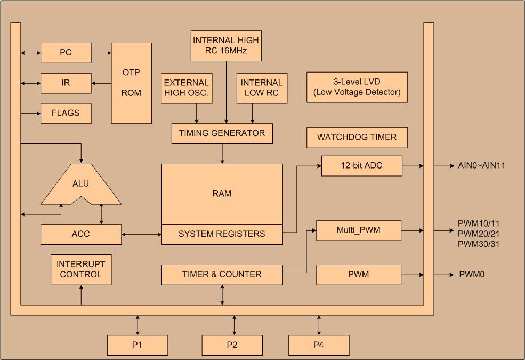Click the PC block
tap(66, 53)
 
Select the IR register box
tap(66, 83)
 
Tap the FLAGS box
tap(66, 113)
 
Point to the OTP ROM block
tap(131, 83)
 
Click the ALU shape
tap(81, 185)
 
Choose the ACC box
tap(81, 234)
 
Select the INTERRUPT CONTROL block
tap(81, 269)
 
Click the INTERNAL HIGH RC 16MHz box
tap(226, 46)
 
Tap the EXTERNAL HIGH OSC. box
tap(186, 88)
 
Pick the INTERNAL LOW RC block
tap(261, 88)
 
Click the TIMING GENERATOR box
tap(222, 133)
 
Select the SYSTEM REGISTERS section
tap(222, 234)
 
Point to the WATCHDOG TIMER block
tap(357, 138)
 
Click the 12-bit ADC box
tap(361, 166)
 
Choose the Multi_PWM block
tap(358, 230)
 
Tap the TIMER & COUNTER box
tap(222, 275)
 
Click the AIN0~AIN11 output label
tap(481, 166)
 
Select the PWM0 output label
tap(472, 275)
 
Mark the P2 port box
tap(232, 345)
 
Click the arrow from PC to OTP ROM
tap(101, 53)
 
